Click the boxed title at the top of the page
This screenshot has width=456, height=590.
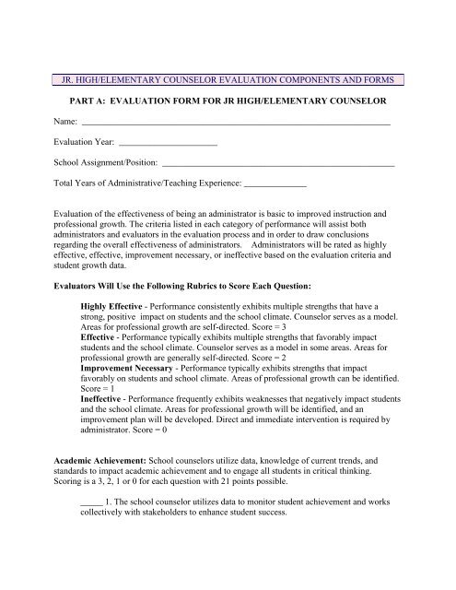(227, 79)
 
